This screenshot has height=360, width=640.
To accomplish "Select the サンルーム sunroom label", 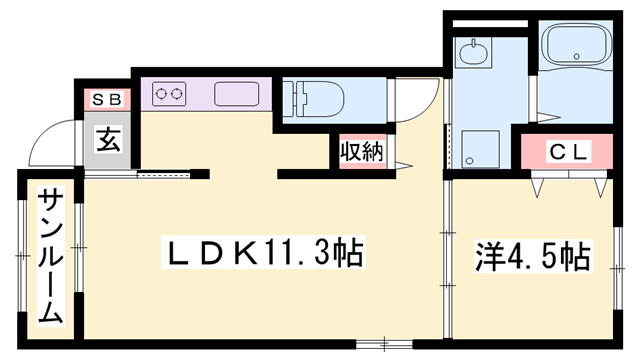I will [x=50, y=258].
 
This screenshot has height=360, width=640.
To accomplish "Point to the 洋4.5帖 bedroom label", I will [x=530, y=255].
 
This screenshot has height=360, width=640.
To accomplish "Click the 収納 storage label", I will [x=358, y=152].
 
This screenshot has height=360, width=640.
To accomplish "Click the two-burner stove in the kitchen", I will [x=170, y=95].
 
